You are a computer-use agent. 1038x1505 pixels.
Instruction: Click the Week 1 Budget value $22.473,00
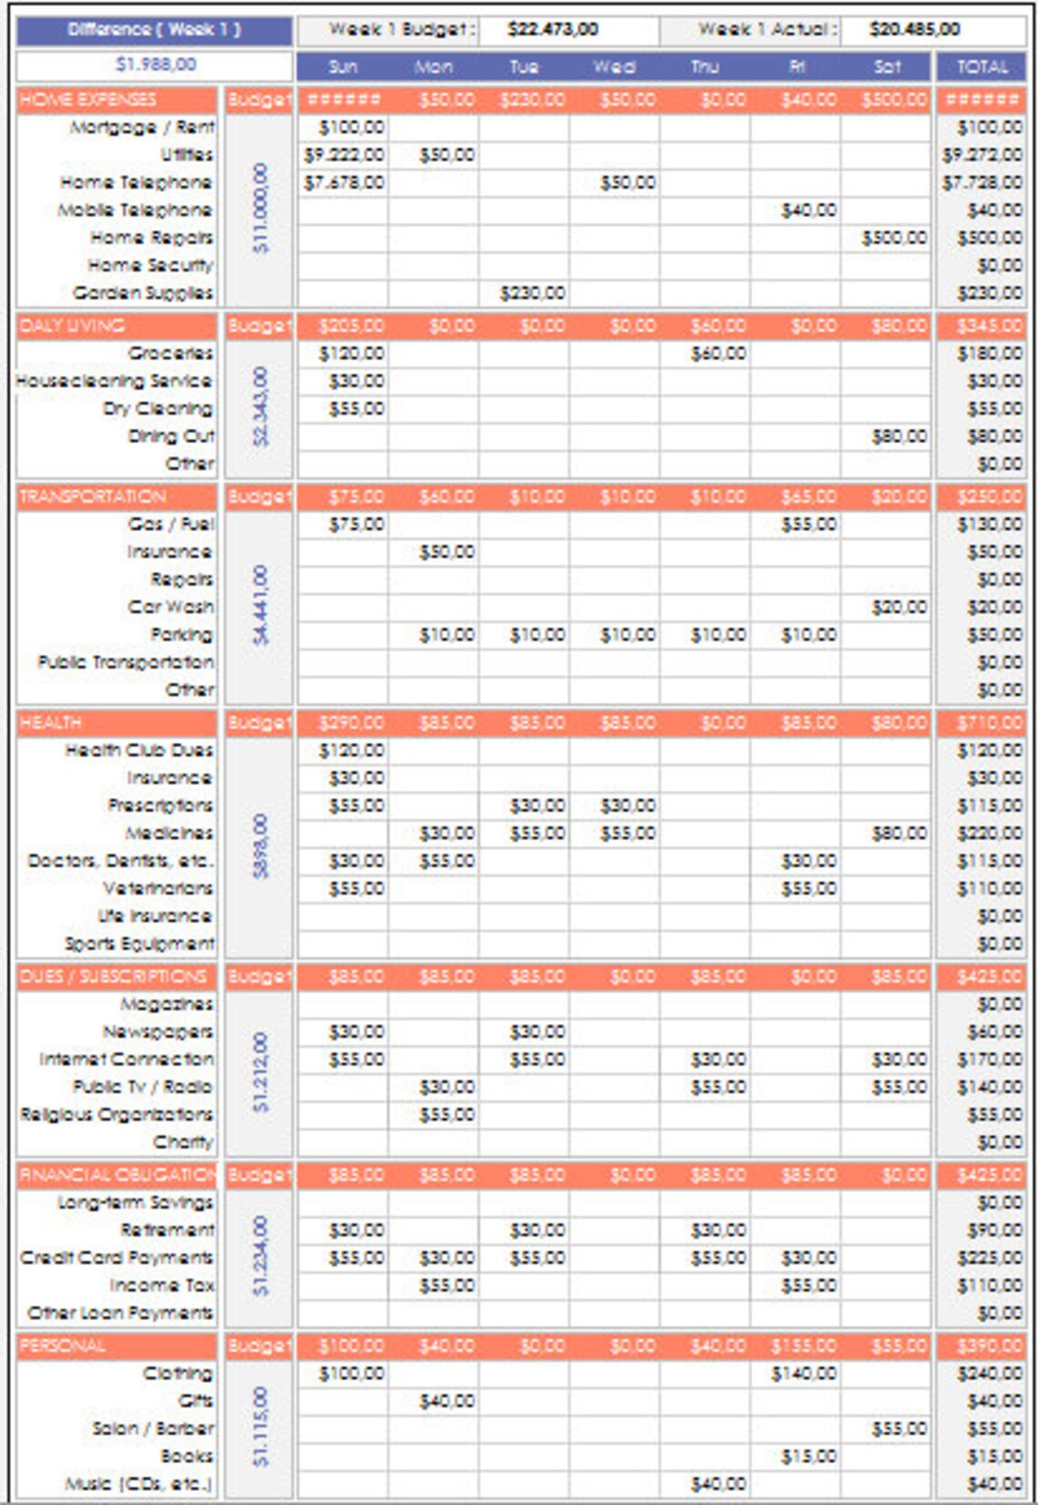pos(553,30)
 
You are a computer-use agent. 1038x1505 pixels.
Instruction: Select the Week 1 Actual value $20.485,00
pos(913,30)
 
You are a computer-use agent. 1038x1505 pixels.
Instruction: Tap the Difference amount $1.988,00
pos(155,65)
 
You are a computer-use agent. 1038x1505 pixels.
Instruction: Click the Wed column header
pos(615,66)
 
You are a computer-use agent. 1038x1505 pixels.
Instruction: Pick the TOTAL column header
pos(982,66)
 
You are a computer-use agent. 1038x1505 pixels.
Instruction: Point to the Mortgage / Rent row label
pos(143,127)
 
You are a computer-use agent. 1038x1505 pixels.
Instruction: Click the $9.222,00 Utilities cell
pos(344,156)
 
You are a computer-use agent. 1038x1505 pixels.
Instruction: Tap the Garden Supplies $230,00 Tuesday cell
pos(532,293)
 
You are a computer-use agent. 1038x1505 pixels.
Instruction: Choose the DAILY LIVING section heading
pos(73,326)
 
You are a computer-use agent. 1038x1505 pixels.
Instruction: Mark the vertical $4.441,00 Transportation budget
pos(260,605)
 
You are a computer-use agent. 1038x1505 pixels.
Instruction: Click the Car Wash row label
pos(170,607)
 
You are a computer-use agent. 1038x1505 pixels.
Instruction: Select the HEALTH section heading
pos(51,723)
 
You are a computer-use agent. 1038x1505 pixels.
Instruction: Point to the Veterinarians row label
pos(158,889)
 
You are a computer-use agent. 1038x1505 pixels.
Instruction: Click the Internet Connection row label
pos(127,1060)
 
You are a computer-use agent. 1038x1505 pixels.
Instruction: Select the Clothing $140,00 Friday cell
pos(803,1374)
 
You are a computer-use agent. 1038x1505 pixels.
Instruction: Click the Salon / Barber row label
pos(153,1429)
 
